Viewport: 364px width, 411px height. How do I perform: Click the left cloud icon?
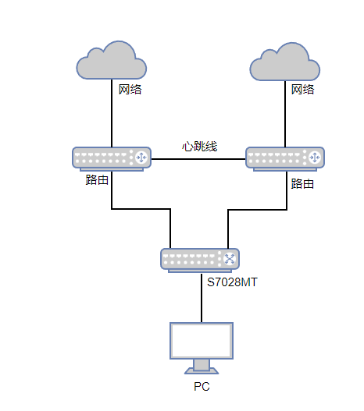[112, 60]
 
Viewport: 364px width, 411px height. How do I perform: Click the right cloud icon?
[285, 62]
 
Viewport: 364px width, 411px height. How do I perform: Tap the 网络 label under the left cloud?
[130, 90]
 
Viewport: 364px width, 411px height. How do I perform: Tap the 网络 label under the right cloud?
[302, 90]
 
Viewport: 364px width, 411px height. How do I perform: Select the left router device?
[112, 159]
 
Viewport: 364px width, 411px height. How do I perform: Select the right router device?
[285, 159]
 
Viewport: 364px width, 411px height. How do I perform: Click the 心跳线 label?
[199, 147]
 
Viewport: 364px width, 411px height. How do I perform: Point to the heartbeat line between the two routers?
[198, 159]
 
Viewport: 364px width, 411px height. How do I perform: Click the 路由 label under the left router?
[97, 180]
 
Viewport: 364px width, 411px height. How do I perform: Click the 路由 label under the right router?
[302, 184]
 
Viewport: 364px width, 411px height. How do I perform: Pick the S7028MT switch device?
[200, 260]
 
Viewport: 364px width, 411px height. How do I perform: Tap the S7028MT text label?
[232, 282]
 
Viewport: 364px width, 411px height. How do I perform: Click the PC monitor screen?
[202, 341]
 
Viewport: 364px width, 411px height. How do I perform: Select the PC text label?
[202, 387]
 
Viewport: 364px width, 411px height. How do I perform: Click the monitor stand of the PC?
[202, 367]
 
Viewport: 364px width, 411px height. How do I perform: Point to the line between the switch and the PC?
[202, 298]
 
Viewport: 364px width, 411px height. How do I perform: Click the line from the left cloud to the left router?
[112, 113]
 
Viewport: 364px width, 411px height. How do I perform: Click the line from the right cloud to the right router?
[285, 114]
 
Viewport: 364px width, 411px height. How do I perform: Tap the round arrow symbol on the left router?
[141, 158]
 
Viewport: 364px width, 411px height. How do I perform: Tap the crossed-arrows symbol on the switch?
[230, 259]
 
